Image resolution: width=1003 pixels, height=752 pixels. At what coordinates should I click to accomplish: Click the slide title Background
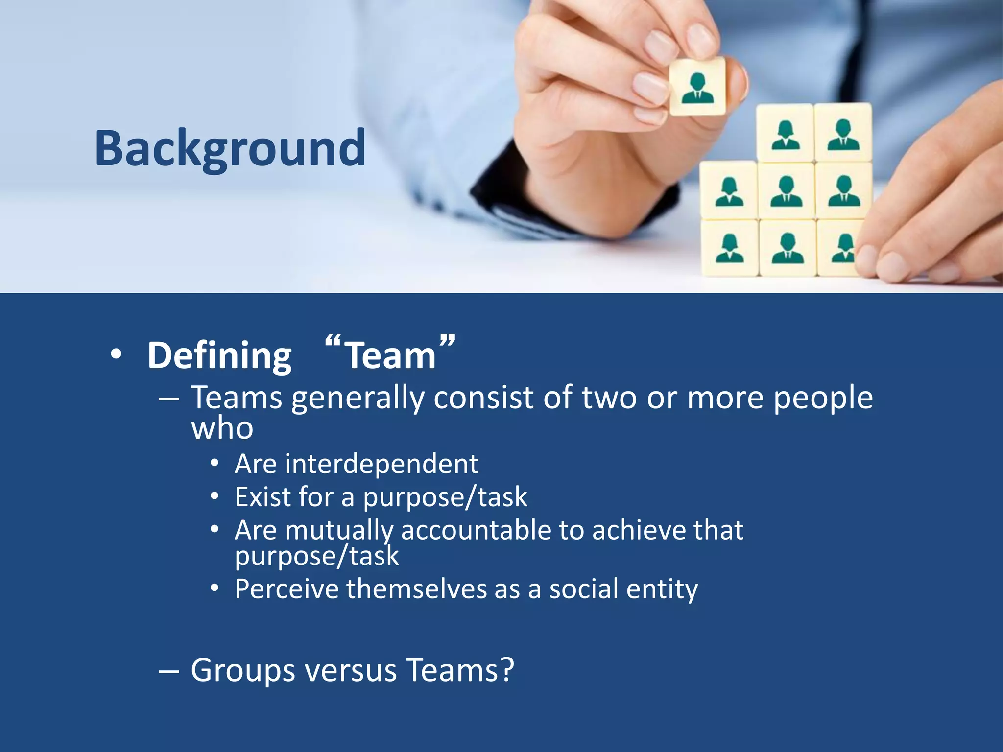[230, 148]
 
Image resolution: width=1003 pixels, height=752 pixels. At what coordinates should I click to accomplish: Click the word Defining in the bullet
[219, 355]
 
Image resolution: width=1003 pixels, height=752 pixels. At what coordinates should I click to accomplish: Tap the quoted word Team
[390, 355]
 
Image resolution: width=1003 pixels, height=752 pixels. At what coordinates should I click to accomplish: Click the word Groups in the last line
[242, 670]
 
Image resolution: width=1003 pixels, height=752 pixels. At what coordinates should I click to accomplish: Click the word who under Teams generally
[222, 428]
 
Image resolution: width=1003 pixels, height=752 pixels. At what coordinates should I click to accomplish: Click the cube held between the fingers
[697, 87]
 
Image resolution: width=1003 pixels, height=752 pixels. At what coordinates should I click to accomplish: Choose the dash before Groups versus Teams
[168, 670]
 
